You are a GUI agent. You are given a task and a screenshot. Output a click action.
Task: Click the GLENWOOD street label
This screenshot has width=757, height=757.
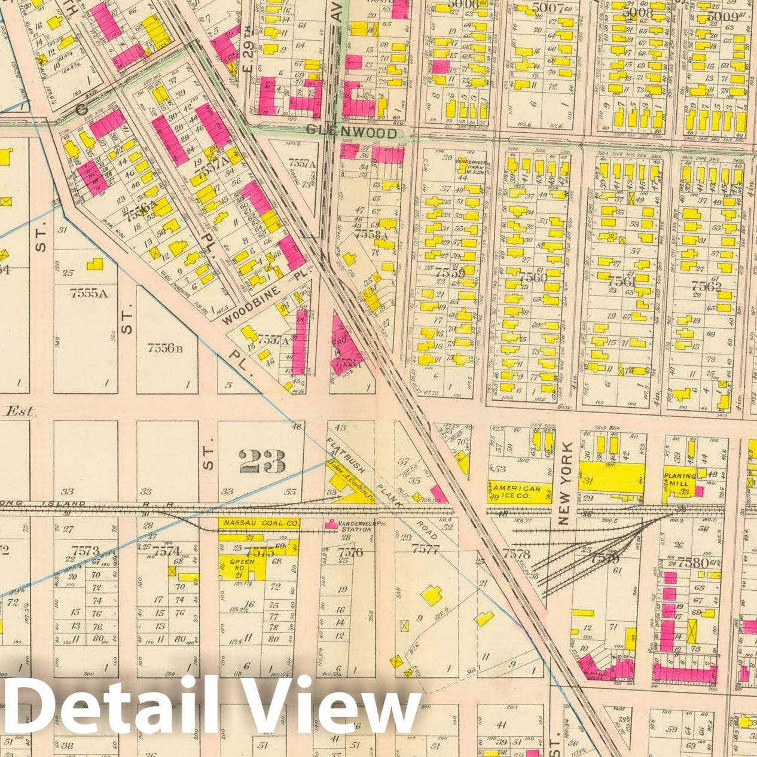(x=351, y=132)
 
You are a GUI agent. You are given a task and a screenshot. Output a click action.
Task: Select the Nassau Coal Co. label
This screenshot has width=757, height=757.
(x=261, y=523)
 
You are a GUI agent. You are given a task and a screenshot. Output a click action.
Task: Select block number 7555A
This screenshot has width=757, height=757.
(x=88, y=293)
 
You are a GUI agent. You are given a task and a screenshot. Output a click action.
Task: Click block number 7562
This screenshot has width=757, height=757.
(x=706, y=285)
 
